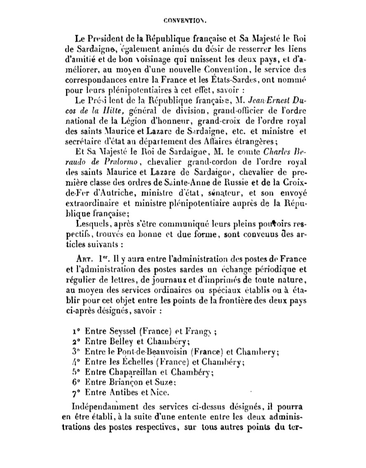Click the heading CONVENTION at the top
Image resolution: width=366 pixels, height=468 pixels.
pyautogui.click(x=183, y=19)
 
